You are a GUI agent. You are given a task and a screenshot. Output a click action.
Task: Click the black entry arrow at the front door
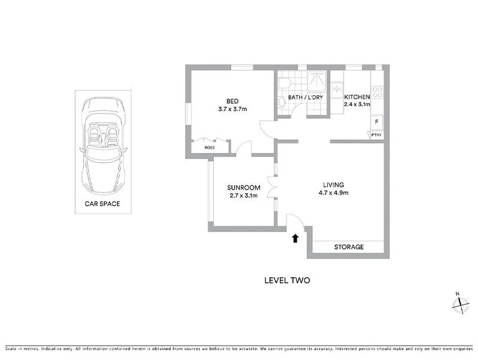[295, 238]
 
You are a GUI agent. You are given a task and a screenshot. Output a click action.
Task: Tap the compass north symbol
[460, 304]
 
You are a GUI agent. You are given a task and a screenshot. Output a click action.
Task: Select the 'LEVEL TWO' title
[287, 280]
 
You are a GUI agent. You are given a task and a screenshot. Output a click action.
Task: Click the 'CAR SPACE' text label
[102, 204]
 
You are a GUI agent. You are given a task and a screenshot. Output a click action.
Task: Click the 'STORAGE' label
[348, 247]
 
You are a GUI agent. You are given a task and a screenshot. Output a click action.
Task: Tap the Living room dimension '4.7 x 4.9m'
[333, 193]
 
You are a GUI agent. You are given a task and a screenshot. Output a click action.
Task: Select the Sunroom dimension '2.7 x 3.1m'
[243, 195]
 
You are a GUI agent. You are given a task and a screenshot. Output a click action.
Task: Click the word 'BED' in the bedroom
[232, 101]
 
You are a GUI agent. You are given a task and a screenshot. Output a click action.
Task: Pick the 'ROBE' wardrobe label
[210, 148]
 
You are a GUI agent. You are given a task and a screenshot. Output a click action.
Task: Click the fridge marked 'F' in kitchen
[377, 122]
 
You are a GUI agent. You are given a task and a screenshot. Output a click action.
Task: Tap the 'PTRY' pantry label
[376, 136]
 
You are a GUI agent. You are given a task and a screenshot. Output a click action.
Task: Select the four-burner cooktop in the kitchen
[377, 92]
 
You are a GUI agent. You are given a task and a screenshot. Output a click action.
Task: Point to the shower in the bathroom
[316, 80]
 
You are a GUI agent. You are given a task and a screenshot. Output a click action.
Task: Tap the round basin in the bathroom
[282, 103]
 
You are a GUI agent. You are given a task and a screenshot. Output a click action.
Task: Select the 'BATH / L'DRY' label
[304, 97]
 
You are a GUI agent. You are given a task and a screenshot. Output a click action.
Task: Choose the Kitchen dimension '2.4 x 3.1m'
[357, 104]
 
